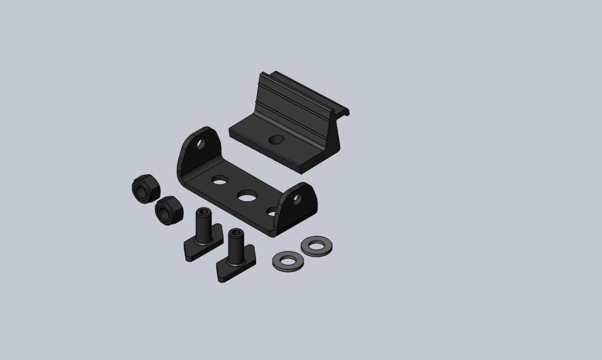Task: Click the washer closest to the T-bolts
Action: click(x=286, y=261)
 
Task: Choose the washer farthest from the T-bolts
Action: click(x=316, y=246)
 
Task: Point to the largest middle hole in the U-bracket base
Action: click(x=247, y=196)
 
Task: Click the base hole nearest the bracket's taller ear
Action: click(x=219, y=180)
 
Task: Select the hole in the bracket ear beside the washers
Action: click(x=297, y=200)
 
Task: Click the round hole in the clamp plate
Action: click(x=275, y=140)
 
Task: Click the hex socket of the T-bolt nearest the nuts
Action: click(x=203, y=214)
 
